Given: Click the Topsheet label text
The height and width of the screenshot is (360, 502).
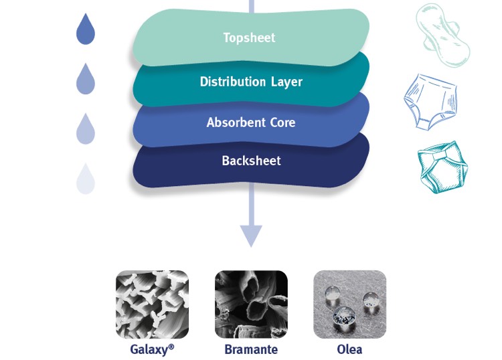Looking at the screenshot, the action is coord(249,37).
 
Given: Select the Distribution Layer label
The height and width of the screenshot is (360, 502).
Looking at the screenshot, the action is coord(251,82).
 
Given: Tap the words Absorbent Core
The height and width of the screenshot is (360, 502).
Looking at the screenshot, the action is coord(251,122).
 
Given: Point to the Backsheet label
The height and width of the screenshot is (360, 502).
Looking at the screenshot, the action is coord(251,161).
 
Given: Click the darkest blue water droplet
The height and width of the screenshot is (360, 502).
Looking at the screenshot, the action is coord(86,29).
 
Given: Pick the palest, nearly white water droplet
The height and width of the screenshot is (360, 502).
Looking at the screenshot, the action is coord(86,179).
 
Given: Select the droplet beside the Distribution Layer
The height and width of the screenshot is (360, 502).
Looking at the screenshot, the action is coord(86,79).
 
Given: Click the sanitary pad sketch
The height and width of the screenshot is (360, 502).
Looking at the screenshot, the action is coord(442,35).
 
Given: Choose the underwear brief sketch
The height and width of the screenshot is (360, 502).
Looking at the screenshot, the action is coord(430,102).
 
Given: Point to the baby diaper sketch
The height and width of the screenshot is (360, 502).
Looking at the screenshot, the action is coord(443,167).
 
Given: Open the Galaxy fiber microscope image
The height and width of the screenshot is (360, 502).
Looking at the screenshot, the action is coord(152,304).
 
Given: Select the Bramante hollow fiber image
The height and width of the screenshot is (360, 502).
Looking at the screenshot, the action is coord(251,304).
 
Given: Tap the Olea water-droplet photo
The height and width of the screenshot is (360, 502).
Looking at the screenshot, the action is coord(349,304).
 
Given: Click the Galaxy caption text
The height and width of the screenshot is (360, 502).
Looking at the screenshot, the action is coord(152,349).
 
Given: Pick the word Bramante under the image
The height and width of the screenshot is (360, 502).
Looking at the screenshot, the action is coord(251,349).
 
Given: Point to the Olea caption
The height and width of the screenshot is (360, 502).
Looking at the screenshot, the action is coord(349,349).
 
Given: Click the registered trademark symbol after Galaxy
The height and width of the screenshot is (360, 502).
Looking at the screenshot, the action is coord(171,347).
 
